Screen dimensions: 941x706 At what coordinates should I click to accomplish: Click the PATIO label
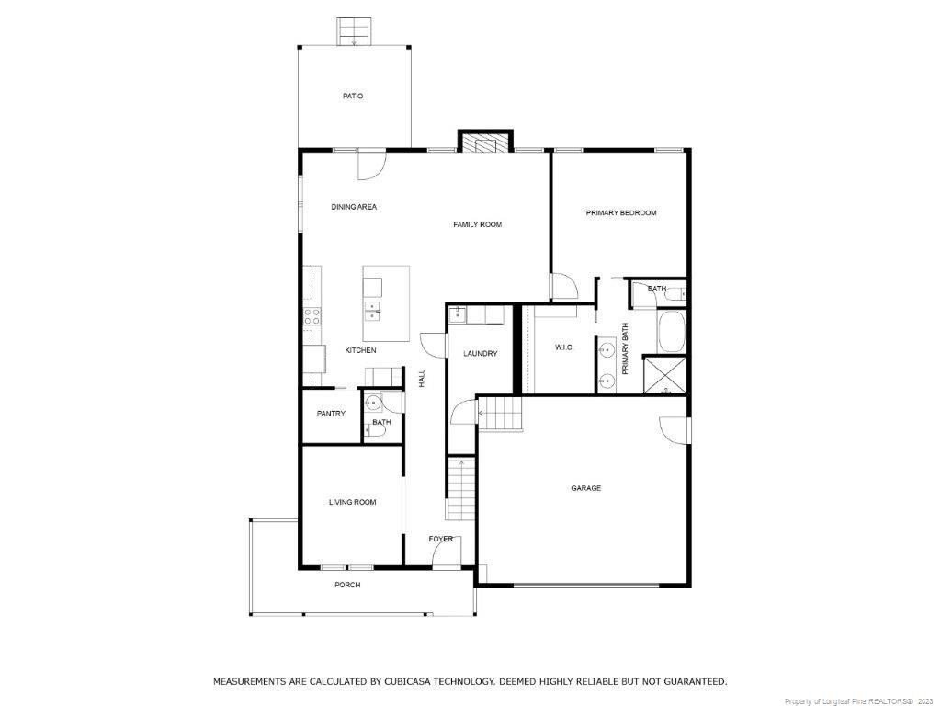353,96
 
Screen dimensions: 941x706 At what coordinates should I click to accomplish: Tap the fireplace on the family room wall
485,141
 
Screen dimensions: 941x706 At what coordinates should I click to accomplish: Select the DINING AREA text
354,207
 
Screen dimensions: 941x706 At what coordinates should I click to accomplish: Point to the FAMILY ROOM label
477,224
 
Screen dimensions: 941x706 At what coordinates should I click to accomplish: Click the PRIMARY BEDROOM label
621,212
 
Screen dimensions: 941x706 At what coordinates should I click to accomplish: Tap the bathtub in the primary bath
672,332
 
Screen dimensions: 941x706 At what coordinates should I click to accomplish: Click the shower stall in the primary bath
665,375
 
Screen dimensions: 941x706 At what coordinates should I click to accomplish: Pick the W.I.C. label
564,347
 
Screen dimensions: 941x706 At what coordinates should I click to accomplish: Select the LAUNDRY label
480,354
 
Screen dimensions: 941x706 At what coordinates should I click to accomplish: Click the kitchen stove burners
312,317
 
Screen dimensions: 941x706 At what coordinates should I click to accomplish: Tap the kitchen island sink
372,309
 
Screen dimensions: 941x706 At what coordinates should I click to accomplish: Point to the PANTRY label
331,414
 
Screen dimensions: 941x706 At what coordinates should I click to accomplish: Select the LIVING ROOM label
352,503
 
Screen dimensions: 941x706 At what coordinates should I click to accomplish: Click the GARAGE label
585,489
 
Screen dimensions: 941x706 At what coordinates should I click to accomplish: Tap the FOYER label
440,539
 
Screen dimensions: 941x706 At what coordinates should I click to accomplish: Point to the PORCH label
347,585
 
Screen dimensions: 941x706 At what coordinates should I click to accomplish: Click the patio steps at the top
354,32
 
